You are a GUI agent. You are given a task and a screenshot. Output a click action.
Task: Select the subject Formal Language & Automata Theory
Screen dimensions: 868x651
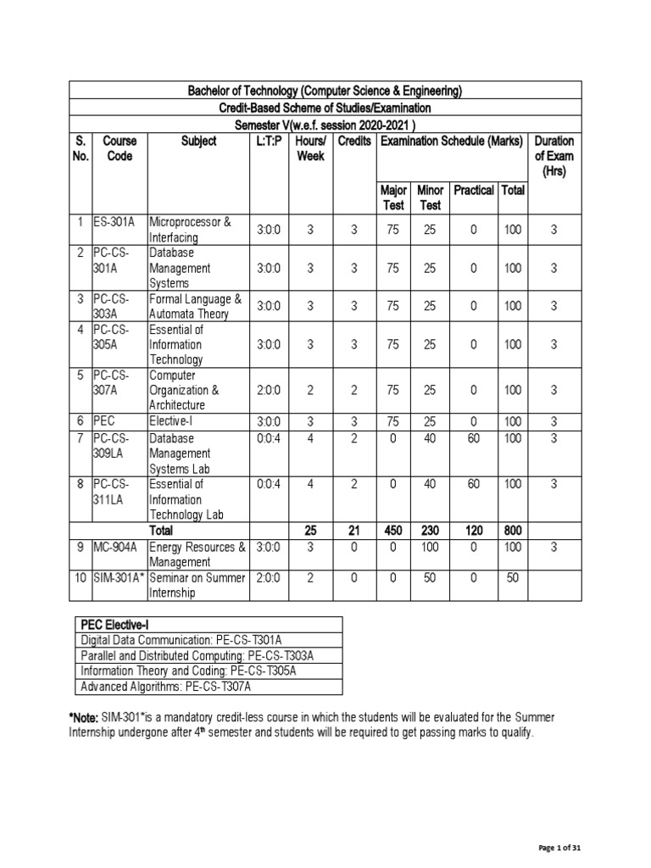195,306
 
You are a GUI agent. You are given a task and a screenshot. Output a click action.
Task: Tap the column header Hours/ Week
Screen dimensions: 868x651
310,148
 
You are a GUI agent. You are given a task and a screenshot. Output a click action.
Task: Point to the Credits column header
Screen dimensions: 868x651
354,141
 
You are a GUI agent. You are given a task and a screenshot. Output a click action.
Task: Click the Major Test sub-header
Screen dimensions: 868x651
394,198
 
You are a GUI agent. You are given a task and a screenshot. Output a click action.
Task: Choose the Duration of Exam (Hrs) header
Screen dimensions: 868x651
554,156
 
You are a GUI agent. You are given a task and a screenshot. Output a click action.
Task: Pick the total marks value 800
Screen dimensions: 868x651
513,531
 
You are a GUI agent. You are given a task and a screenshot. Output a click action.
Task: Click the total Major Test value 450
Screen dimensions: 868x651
393,531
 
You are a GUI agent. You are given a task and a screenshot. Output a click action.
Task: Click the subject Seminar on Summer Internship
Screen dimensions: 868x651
197,585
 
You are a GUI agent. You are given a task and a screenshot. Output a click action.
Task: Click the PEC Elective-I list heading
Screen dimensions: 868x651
116,624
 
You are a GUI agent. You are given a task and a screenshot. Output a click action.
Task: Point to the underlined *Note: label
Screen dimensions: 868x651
84,718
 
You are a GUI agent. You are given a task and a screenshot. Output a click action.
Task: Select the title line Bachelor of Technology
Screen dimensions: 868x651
325,91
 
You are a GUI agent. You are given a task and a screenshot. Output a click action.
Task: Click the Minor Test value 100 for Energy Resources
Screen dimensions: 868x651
430,547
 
